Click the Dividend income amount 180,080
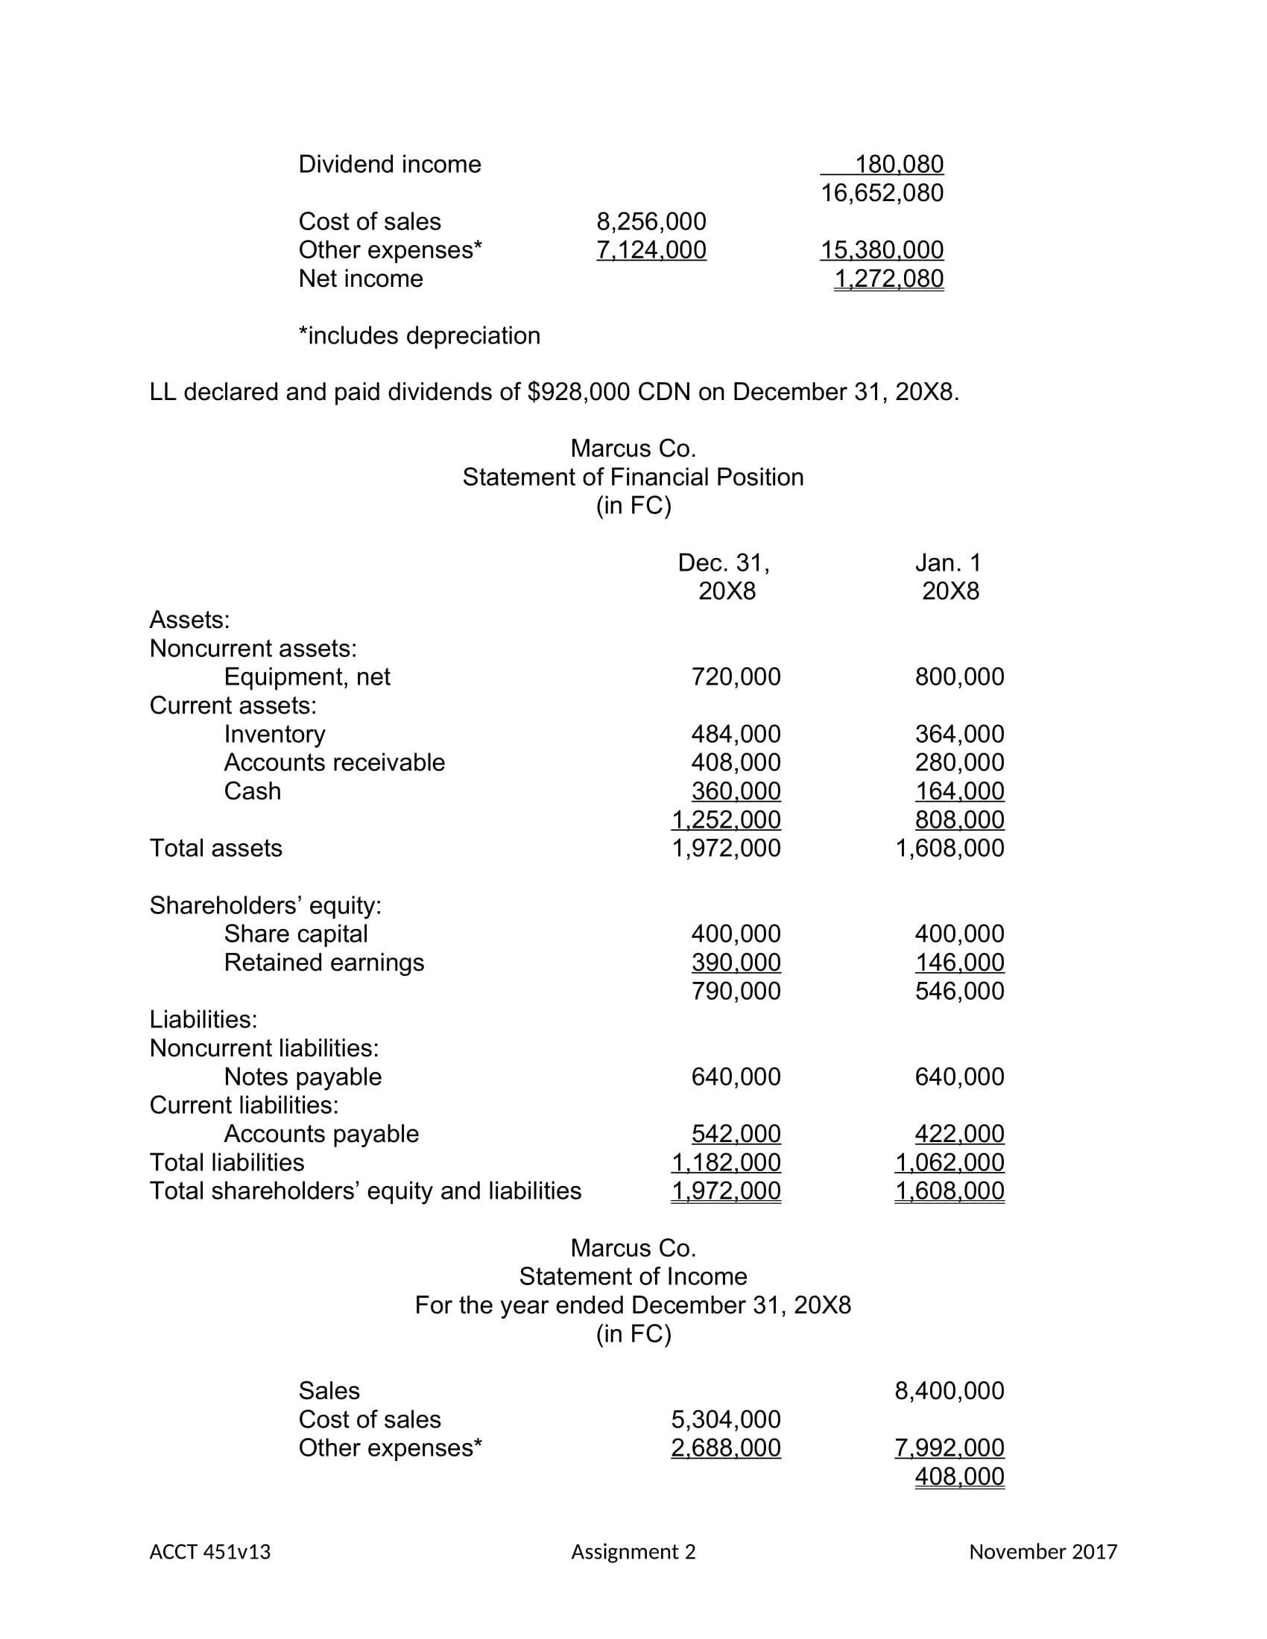(899, 164)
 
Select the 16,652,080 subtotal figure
(882, 193)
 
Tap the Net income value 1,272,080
(888, 279)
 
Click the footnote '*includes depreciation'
(419, 335)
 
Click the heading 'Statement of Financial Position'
(633, 478)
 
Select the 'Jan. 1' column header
(948, 562)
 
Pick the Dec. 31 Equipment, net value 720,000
(736, 677)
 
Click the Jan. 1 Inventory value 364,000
(959, 734)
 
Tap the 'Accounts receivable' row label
(334, 762)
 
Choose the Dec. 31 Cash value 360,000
(736, 791)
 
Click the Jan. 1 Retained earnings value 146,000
(959, 962)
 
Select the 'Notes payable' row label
(303, 1077)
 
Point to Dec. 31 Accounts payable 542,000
(736, 1134)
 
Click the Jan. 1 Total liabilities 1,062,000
(949, 1162)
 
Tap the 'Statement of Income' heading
(633, 1276)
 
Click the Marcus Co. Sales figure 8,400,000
(949, 1391)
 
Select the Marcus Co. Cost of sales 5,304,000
(725, 1419)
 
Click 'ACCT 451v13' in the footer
(209, 1552)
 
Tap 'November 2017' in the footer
(1043, 1552)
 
